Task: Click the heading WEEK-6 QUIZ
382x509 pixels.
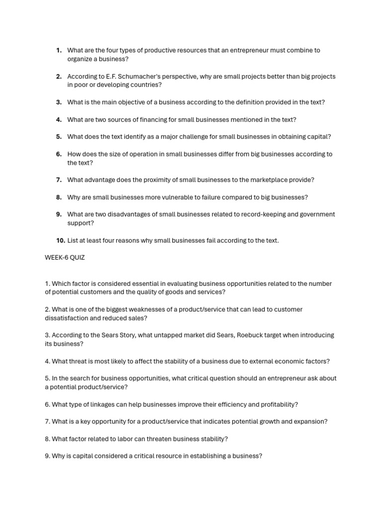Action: tap(65, 257)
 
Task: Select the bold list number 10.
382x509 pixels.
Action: tap(60, 241)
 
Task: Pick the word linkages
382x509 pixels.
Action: tap(100, 405)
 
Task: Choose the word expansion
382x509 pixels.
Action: tap(310, 422)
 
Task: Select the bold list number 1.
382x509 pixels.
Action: tap(59, 50)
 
